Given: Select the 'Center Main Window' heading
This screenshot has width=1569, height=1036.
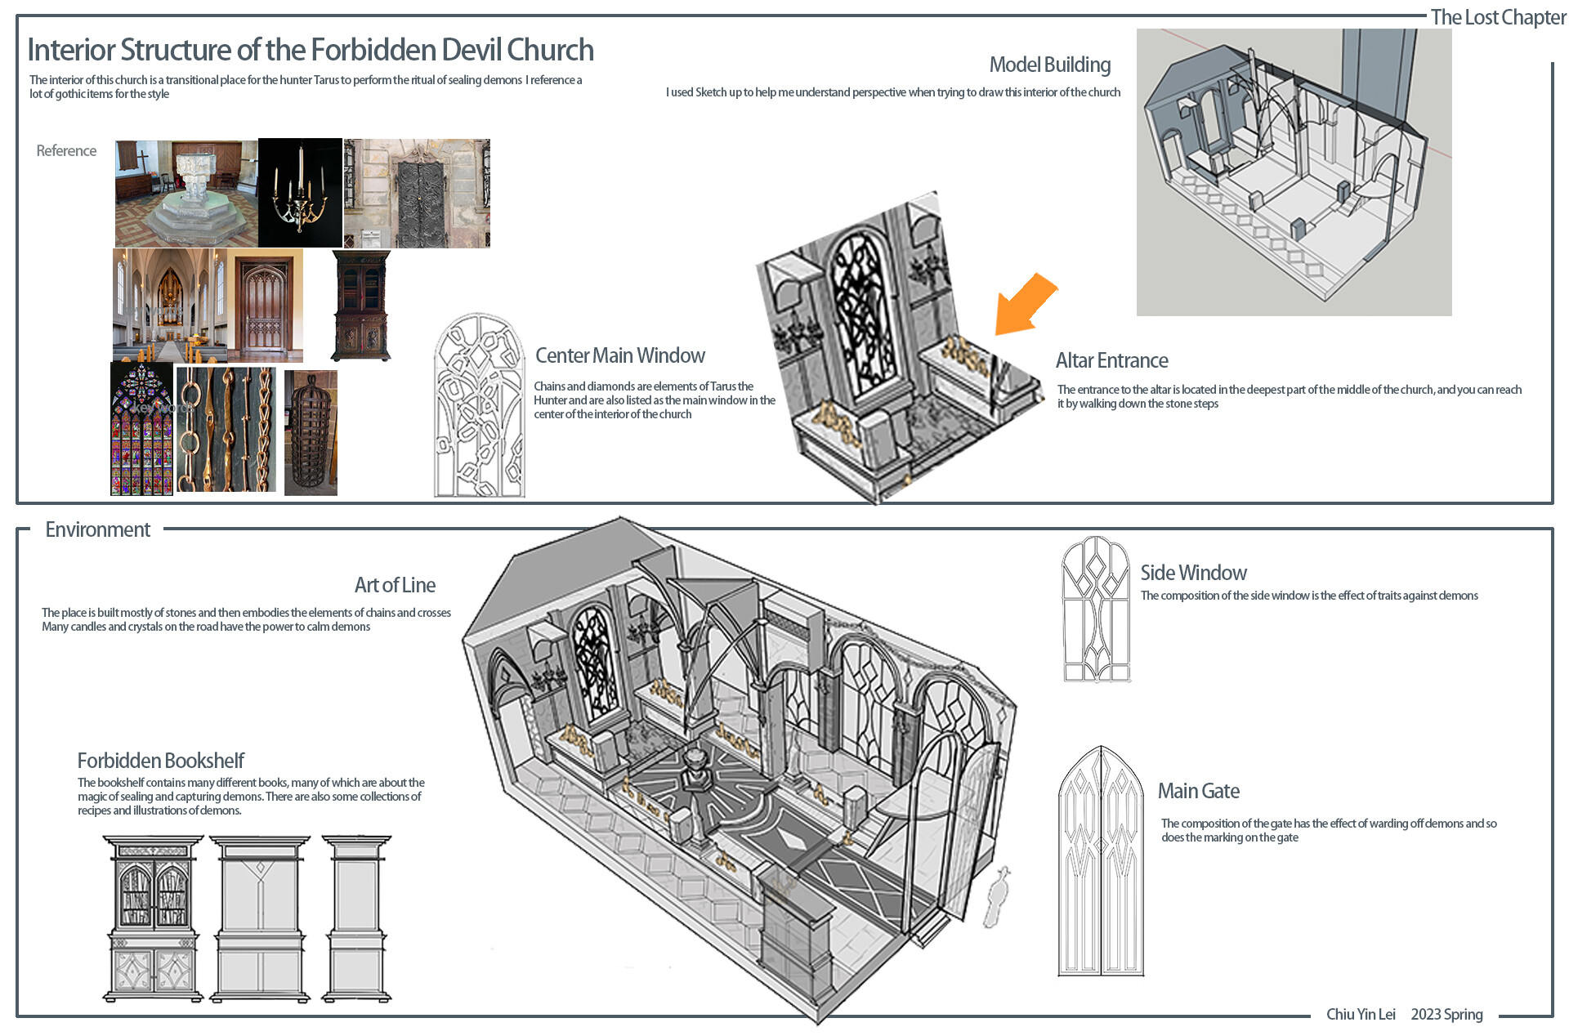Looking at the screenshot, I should point(619,355).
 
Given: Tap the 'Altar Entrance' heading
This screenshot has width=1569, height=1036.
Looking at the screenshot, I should point(1111,360).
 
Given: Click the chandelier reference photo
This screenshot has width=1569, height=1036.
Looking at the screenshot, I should point(300,193).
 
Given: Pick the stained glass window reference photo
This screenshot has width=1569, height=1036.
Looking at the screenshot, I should point(142,429).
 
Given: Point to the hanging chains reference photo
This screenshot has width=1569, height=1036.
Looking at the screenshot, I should point(226,429).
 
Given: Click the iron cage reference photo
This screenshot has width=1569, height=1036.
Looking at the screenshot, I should point(311,433).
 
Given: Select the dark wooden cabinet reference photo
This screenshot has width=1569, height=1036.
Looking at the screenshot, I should point(360,306).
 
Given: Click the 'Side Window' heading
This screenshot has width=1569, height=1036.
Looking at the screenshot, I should point(1193,573).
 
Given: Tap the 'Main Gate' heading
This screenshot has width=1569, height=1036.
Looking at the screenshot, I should point(1198,791).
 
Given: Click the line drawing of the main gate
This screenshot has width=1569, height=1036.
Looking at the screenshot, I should point(1100,862).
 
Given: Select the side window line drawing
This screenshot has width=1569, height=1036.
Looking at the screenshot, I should point(1096,610).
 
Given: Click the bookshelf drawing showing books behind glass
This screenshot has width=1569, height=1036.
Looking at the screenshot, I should point(153,918).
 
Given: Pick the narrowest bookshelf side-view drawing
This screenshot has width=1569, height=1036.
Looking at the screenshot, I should point(356,918).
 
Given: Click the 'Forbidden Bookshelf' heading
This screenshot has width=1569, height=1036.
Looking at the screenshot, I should point(161,761).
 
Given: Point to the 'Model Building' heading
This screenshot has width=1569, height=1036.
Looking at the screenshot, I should point(1049,65).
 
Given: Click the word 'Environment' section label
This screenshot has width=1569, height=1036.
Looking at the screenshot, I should point(97,529).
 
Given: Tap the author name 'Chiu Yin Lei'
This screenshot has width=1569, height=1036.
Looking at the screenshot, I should point(1360,1014).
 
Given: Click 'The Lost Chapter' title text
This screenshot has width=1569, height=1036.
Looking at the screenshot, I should point(1498,17).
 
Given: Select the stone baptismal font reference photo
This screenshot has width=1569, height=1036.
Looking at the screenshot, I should point(186,193).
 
